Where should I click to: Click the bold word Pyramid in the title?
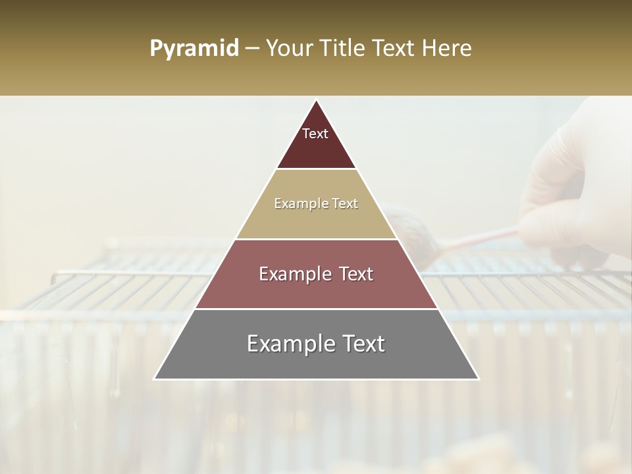tap(194, 49)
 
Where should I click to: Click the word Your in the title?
tap(289, 49)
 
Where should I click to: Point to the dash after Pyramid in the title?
tap(252, 49)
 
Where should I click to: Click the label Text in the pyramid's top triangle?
tap(315, 134)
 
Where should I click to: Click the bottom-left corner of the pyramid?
tap(155, 379)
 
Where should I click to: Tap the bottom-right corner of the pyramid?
tap(478, 379)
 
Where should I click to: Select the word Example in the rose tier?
tap(294, 274)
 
